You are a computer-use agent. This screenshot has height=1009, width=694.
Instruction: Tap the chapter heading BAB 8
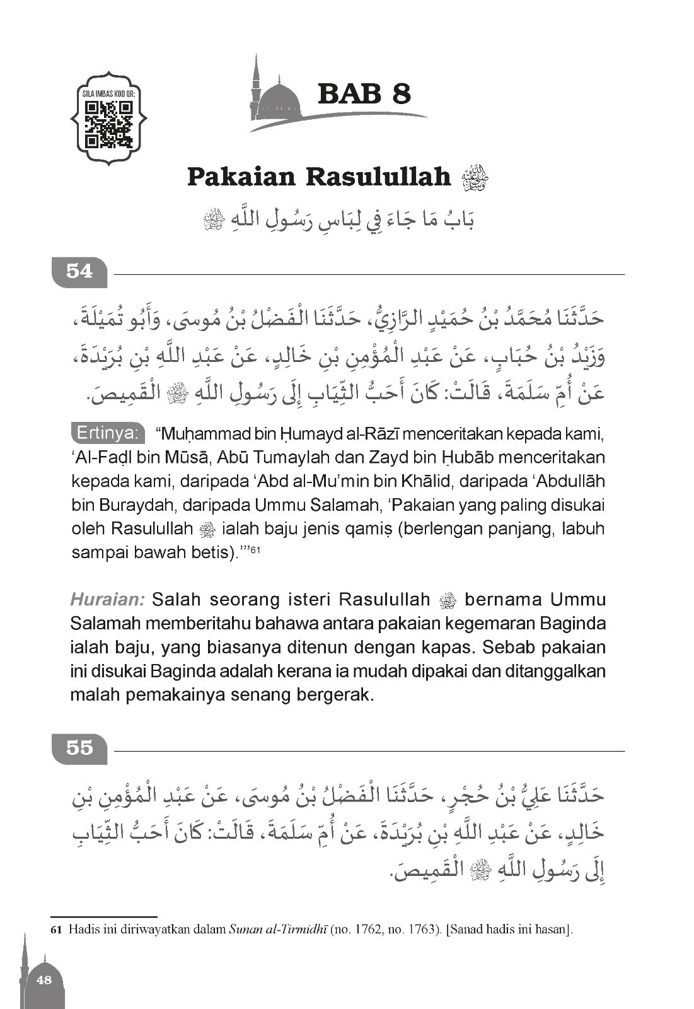click(x=364, y=94)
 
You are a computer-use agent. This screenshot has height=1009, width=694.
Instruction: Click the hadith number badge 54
click(x=79, y=272)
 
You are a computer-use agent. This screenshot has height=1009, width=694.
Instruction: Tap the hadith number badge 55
click(x=79, y=748)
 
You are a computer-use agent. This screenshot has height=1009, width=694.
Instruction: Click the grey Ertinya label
click(x=107, y=433)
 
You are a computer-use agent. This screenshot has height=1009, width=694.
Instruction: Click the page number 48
click(x=44, y=979)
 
